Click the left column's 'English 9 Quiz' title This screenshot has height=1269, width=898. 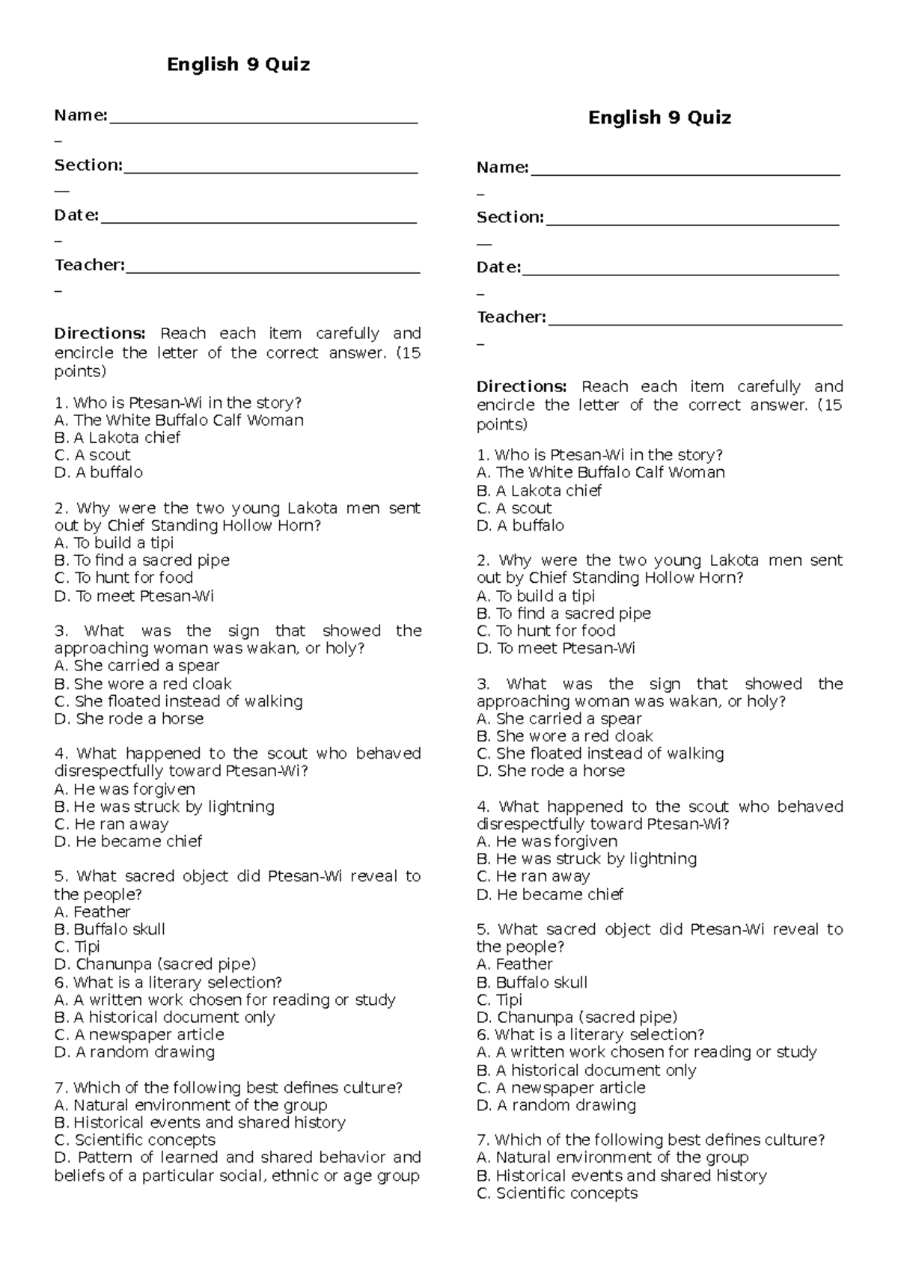coord(238,65)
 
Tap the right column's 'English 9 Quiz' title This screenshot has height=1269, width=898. coord(659,117)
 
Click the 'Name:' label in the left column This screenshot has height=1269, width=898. coord(81,115)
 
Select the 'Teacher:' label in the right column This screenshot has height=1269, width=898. coord(511,317)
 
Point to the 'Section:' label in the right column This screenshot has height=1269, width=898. coord(510,218)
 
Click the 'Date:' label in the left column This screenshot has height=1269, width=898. coord(76,215)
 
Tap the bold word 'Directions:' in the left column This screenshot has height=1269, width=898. coord(100,334)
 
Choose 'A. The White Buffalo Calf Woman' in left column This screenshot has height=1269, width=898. coord(179,421)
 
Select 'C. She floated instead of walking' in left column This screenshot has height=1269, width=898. coord(178,701)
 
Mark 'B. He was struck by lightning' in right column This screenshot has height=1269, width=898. coord(586,859)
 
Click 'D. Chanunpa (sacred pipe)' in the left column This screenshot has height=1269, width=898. coord(155,964)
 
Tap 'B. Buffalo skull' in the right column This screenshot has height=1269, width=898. coord(531,982)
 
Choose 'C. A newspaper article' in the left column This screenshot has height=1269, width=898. coord(139,1035)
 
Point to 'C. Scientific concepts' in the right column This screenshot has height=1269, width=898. coord(557,1193)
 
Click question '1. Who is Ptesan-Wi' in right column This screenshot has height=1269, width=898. coord(599,455)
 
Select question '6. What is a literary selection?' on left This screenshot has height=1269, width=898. coord(168,982)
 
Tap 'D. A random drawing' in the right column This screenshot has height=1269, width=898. coord(556,1105)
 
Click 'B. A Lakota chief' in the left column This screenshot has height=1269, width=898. coord(117,438)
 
